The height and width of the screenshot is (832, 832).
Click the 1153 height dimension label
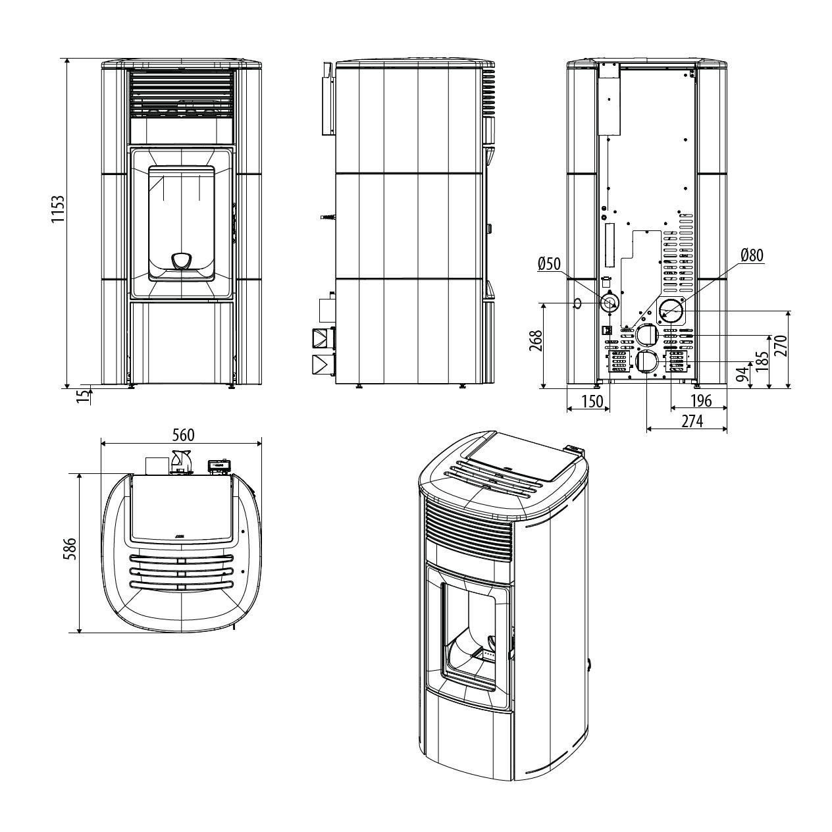click(x=57, y=209)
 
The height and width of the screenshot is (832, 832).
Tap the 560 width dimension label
click(x=184, y=435)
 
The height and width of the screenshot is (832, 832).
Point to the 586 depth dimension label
click(x=70, y=549)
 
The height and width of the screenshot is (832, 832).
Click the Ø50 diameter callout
click(x=549, y=264)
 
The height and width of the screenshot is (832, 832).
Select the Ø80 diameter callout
click(x=752, y=255)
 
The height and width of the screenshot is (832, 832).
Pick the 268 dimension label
click(x=536, y=341)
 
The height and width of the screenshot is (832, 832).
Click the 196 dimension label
click(x=701, y=401)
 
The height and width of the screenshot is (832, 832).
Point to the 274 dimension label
click(x=692, y=421)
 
